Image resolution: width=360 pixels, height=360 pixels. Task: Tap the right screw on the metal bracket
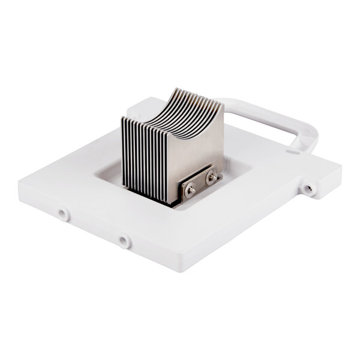211,178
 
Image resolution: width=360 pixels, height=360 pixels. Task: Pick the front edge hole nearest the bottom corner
123,241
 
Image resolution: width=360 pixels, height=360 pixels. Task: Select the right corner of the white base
340,172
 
